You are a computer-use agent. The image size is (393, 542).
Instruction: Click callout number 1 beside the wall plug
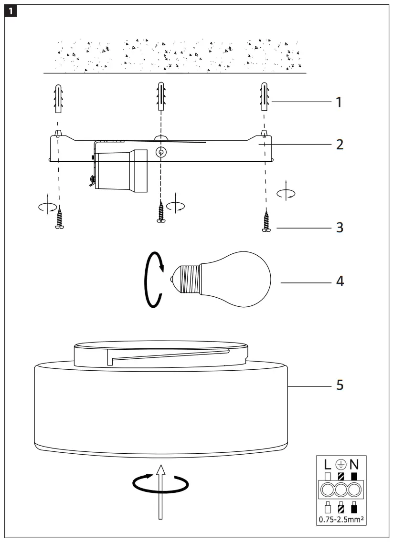pos(339,102)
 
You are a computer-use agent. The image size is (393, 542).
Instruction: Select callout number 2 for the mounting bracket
pos(339,144)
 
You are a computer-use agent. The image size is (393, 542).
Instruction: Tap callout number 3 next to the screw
pos(339,228)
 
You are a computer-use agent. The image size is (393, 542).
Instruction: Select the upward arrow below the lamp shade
pos(161,491)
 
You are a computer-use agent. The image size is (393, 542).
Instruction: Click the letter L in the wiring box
pos(328,463)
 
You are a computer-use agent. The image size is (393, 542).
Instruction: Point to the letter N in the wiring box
pos(354,463)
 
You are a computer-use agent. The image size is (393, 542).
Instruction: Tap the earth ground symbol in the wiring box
pos(340,463)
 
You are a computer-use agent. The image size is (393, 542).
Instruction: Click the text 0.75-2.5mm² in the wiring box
pos(340,518)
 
